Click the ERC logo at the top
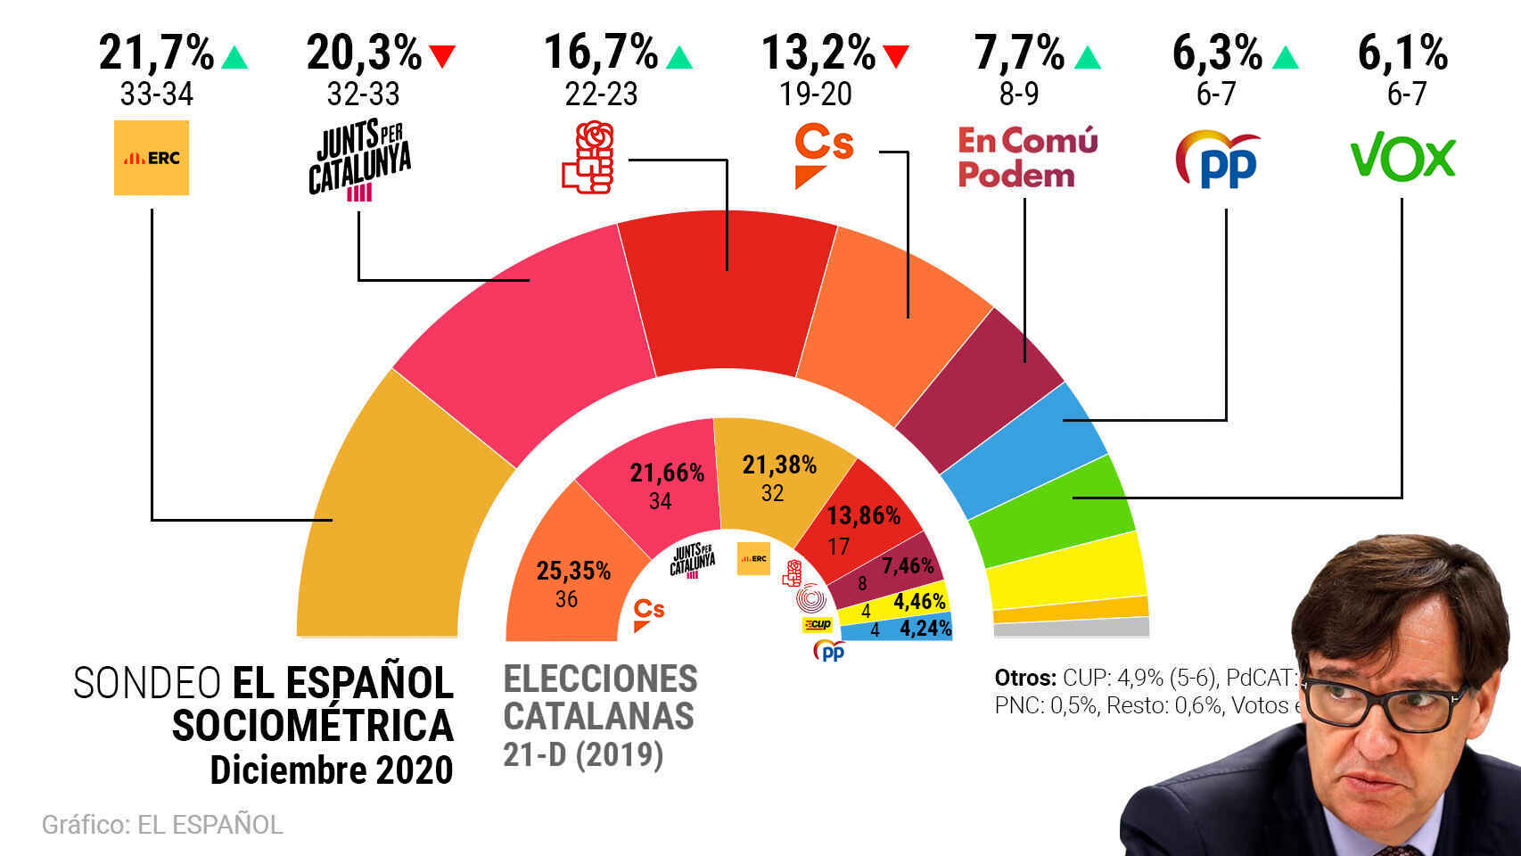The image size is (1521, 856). tap(152, 158)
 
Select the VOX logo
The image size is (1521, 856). tap(1403, 158)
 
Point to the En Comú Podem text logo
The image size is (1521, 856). tap(1027, 158)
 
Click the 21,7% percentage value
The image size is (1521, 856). tap(157, 53)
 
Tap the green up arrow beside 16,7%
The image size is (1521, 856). tap(679, 57)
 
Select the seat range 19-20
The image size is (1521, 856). tap(816, 94)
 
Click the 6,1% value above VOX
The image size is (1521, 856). tap(1402, 53)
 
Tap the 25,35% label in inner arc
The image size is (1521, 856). tap(573, 571)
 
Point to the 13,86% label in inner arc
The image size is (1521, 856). tap(863, 516)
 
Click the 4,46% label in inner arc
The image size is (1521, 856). tap(919, 602)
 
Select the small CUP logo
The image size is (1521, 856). tap(817, 624)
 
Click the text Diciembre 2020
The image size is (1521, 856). tap(331, 770)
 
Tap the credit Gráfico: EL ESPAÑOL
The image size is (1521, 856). tap(162, 825)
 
